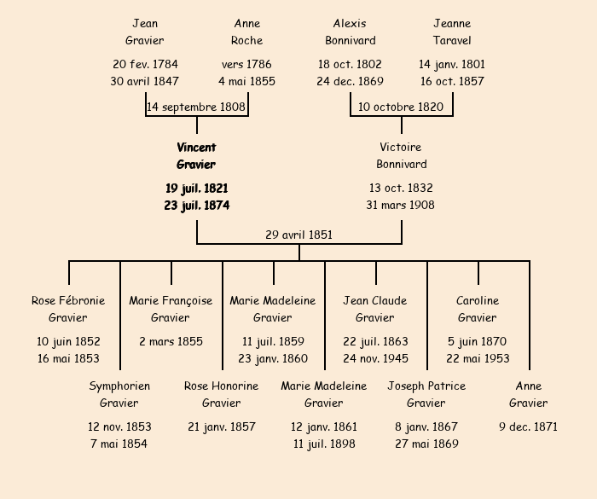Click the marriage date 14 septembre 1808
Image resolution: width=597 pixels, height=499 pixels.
[196, 107]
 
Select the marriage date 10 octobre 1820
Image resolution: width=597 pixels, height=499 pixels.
[401, 107]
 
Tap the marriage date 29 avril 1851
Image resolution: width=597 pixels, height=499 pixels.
[298, 235]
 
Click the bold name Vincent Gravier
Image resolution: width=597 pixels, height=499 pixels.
[196, 156]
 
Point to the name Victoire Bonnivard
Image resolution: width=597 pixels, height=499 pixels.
[401, 156]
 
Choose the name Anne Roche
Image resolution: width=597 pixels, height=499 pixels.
[247, 32]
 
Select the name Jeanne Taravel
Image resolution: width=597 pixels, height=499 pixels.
[452, 32]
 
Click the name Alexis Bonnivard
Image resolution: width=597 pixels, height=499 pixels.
[350, 32]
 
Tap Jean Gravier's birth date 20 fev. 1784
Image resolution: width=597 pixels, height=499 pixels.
[145, 64]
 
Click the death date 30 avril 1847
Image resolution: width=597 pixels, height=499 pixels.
[145, 81]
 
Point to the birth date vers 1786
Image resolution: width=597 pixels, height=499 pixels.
[247, 64]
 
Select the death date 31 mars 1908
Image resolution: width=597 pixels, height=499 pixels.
[401, 205]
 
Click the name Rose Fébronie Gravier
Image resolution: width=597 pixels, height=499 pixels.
[68, 309]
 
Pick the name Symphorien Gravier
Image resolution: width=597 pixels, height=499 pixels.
[119, 394]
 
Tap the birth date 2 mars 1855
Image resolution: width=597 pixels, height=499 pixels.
[171, 341]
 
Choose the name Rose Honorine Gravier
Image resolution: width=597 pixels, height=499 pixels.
[222, 394]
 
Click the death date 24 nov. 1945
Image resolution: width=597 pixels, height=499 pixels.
[375, 358]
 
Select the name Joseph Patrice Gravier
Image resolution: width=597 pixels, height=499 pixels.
[426, 394]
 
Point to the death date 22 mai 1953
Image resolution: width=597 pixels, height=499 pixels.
[478, 358]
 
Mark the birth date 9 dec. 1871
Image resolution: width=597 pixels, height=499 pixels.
[529, 426]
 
